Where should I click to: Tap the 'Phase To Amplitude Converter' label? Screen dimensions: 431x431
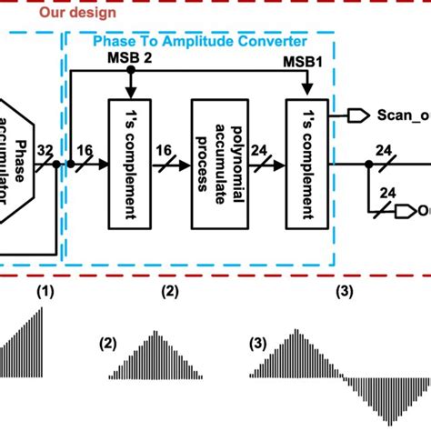click(199, 42)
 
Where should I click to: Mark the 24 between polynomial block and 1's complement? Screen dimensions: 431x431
click(259, 150)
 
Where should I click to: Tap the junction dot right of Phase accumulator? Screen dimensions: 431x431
click(56, 165)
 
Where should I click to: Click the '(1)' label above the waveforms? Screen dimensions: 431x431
click(45, 292)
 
